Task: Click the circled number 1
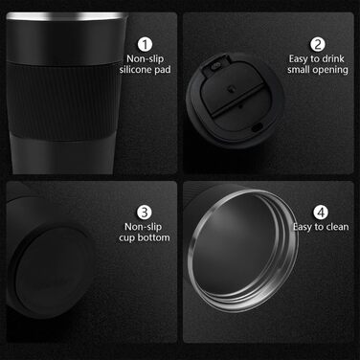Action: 145,45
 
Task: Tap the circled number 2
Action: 318,45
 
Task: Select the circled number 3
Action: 145,213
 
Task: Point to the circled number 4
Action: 321,213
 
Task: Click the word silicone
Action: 135,70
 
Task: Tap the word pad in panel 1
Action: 163,70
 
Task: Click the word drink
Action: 333,58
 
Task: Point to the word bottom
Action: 153,237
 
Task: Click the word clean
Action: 337,227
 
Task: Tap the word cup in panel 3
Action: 126,238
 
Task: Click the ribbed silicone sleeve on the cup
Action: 64,101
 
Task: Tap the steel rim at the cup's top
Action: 66,16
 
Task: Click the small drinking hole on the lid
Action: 214,66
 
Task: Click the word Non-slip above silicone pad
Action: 145,58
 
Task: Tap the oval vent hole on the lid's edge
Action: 256,127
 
